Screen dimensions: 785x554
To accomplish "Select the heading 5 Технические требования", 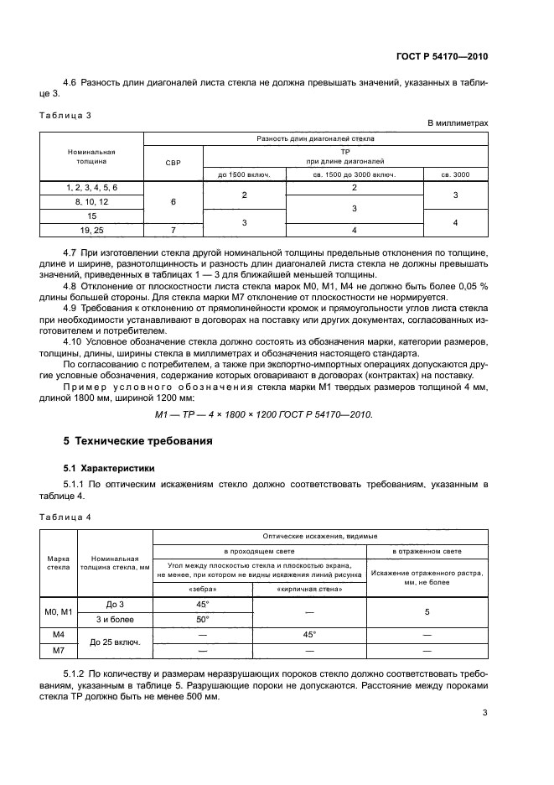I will [138, 440].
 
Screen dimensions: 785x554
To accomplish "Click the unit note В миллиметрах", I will [458, 123].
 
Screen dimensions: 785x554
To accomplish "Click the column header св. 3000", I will [456, 174].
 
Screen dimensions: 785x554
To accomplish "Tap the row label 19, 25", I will [91, 229].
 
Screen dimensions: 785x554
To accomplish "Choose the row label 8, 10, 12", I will [91, 202].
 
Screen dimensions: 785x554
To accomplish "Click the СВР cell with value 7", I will [173, 229].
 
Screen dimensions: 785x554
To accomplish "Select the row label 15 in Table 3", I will [91, 216].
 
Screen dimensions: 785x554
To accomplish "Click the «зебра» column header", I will [202, 588].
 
